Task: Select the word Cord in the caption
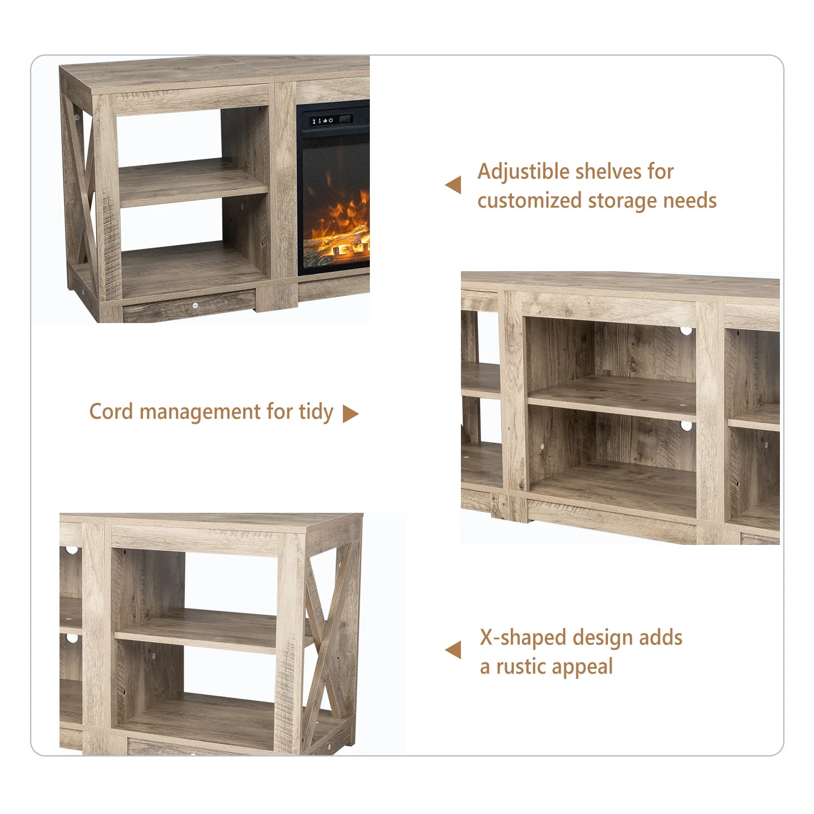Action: click(111, 411)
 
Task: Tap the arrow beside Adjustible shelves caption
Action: click(453, 185)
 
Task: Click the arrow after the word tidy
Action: click(351, 414)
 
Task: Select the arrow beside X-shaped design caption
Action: click(453, 650)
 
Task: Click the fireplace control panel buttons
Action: click(322, 121)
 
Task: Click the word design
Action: click(603, 638)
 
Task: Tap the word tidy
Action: click(316, 412)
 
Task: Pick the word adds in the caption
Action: click(661, 638)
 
